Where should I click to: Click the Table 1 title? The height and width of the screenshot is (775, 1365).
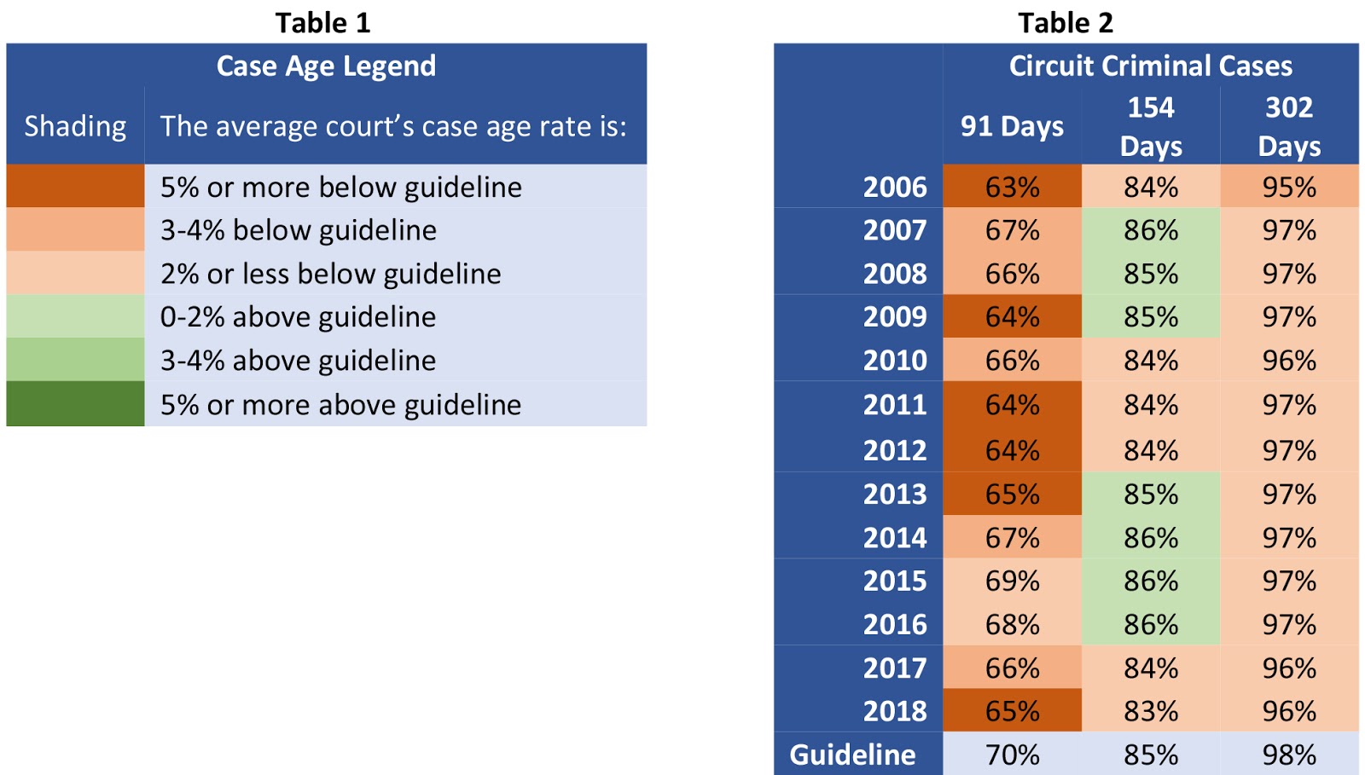point(322,23)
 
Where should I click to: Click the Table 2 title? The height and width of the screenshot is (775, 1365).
point(1066,23)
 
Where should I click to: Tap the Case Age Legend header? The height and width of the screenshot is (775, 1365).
point(326,66)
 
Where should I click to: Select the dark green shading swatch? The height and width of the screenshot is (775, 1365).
point(75,403)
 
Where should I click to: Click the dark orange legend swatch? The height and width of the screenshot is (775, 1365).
point(75,186)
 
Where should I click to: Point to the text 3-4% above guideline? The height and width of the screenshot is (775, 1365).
point(298,361)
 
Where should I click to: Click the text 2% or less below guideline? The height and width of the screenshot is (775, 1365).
point(330,274)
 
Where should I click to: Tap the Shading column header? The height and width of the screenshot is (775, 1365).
point(75,126)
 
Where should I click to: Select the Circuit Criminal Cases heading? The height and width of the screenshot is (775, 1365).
point(1150,66)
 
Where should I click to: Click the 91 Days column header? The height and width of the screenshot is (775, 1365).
point(1012,126)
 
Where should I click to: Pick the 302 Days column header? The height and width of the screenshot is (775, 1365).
point(1289,126)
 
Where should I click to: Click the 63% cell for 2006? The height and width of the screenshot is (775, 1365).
point(1012,187)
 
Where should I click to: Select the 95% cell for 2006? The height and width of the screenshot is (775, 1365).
point(1289,187)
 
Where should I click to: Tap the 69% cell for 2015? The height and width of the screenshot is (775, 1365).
point(1012,581)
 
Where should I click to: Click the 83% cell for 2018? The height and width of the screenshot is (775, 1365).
point(1150,711)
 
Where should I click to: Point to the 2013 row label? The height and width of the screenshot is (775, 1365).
point(894,494)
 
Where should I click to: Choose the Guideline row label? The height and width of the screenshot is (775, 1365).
point(852,755)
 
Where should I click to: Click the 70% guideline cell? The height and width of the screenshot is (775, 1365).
point(1012,755)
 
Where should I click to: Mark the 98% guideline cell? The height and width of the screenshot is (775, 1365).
point(1289,755)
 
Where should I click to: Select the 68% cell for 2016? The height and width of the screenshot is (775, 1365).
point(1012,625)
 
